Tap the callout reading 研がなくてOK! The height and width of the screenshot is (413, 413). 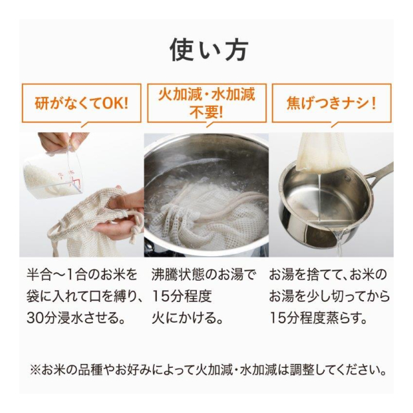(81, 103)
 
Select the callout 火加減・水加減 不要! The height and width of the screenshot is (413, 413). (206, 103)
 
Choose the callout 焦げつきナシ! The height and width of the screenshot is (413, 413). (331, 103)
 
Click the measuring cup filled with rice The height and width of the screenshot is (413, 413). (53, 174)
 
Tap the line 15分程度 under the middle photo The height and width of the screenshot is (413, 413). (182, 296)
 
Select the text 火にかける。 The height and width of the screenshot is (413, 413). (188, 318)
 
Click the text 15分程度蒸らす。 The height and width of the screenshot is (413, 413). (319, 318)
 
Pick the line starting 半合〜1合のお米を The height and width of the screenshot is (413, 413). (82, 274)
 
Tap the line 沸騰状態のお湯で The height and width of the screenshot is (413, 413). (204, 274)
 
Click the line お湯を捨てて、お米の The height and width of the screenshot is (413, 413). (328, 274)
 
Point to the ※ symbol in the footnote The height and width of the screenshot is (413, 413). (35, 370)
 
